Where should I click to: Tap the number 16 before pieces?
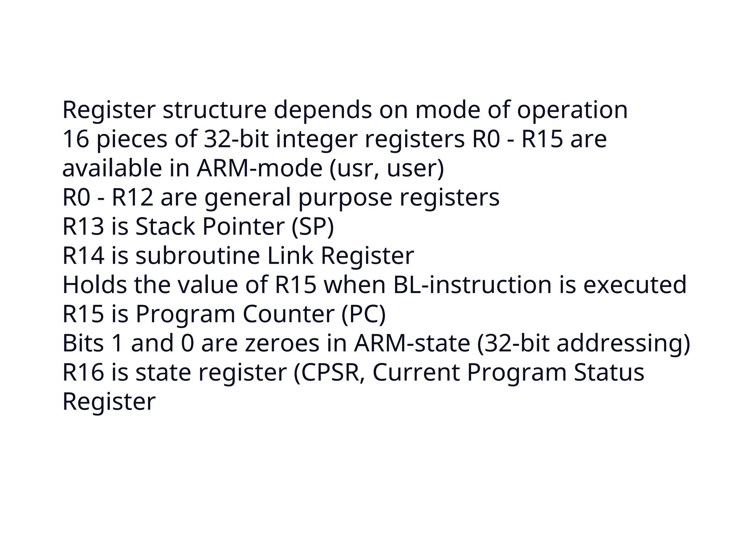pos(75,139)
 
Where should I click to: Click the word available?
pos(112,168)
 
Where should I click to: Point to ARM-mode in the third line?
pos(259,168)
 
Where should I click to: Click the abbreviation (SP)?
pos(313,226)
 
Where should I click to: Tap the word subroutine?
pos(198,256)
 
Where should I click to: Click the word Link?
pos(290,256)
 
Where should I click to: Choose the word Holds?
pos(95,285)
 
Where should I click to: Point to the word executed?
pos(634,285)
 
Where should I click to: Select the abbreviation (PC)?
pos(363,314)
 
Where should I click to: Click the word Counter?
pos(289,314)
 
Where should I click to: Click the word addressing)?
pos(623,343)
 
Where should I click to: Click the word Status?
pos(609,373)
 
